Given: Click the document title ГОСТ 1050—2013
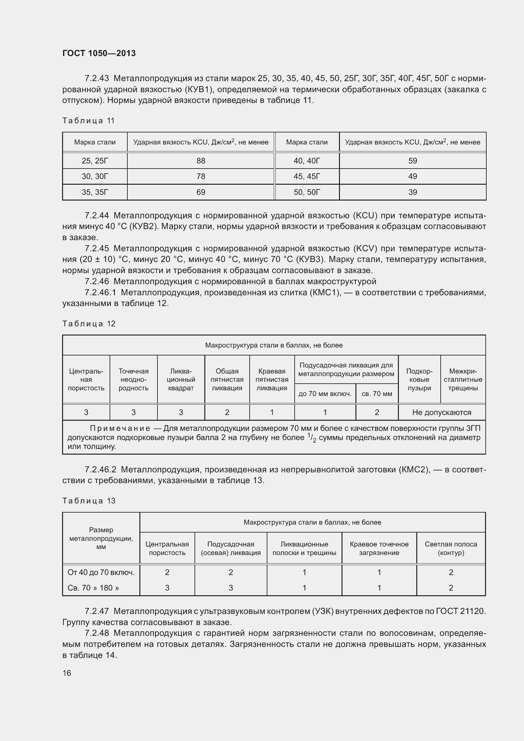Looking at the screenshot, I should click(99, 53).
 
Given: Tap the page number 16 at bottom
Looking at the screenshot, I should click(67, 673).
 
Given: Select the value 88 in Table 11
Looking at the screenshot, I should click(201, 161).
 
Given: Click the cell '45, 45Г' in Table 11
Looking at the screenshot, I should click(307, 176).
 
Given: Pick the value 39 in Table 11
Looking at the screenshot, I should click(412, 192).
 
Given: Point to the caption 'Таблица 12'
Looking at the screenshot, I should click(89, 324).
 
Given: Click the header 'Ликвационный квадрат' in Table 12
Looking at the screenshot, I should click(181, 380).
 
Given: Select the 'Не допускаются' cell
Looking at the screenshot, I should click(441, 412).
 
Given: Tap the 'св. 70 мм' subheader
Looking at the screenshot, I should click(377, 394).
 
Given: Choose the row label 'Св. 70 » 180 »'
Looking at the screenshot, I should click(93, 588).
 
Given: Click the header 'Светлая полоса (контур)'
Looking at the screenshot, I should click(451, 548).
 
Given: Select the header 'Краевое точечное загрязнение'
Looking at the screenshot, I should click(379, 548).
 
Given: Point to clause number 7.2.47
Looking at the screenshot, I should click(97, 611).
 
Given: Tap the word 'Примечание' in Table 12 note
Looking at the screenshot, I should click(120, 428).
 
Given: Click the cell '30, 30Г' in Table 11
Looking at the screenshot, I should click(95, 176).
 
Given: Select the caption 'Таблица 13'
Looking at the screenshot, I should click(89, 501).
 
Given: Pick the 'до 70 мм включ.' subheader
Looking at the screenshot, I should click(325, 394).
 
